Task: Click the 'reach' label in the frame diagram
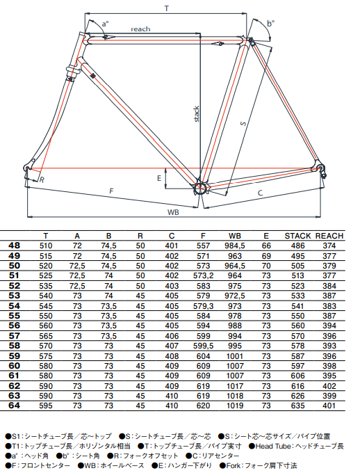[140, 29]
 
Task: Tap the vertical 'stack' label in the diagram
[197, 114]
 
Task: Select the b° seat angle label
[270, 24]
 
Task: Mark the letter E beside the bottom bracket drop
[158, 179]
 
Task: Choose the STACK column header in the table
[297, 236]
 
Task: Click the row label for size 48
[14, 246]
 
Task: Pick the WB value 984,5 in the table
[236, 246]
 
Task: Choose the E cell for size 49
[266, 255]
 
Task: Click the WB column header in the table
[236, 236]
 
